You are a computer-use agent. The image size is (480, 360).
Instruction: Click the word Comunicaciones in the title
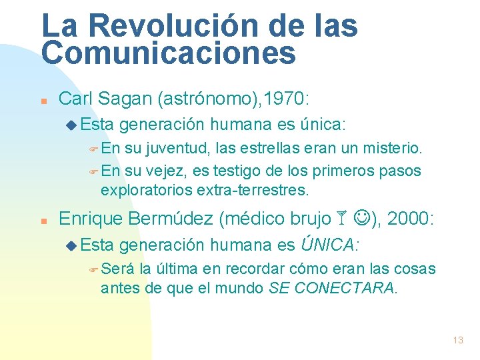click(168, 53)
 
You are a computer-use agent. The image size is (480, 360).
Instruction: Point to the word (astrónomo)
click(206, 99)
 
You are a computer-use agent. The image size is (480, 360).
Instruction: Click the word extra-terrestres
click(253, 190)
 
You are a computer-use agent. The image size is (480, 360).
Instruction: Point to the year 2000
click(410, 218)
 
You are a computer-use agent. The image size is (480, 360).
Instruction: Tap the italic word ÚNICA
click(327, 245)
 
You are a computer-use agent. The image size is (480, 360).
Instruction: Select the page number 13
click(457, 340)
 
